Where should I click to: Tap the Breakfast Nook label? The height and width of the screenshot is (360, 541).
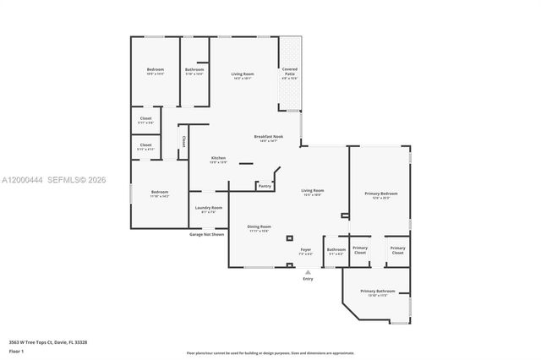[268, 138]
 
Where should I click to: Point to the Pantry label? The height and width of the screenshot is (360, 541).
[265, 186]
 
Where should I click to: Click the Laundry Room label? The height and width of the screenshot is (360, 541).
[208, 209]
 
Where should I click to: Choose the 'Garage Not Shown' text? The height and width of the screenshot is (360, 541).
[207, 234]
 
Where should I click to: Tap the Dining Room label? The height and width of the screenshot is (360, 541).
[259, 228]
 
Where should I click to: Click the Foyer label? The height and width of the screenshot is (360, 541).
[306, 251]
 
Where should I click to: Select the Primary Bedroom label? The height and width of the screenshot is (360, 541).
[380, 195]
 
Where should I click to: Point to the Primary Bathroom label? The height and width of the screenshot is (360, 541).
[380, 292]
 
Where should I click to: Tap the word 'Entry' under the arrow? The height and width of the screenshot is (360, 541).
[308, 279]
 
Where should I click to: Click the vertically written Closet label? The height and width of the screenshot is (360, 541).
[183, 142]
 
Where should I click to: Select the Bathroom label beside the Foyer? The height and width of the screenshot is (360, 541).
[336, 250]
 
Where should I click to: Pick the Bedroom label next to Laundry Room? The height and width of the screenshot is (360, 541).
[160, 193]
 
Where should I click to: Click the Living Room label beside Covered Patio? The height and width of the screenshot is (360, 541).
[243, 75]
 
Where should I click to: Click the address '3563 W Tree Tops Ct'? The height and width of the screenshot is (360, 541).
[43, 341]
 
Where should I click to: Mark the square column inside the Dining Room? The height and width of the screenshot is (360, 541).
[289, 238]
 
